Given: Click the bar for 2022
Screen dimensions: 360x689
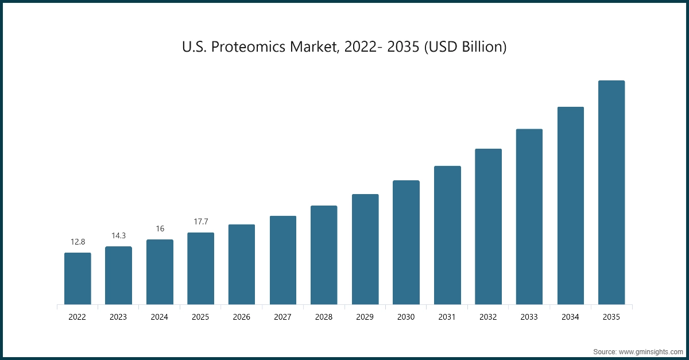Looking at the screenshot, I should point(78,278).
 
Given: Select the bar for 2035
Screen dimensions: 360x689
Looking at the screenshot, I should point(611,192).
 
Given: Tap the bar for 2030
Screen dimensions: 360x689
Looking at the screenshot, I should point(406,242).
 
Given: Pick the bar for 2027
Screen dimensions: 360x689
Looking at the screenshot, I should point(283,260).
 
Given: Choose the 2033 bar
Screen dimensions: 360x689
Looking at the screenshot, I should point(529,216).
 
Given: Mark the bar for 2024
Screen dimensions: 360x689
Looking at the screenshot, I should point(160,272).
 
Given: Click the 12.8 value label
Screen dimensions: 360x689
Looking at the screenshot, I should point(78,242).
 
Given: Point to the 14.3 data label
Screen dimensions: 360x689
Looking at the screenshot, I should point(119,235).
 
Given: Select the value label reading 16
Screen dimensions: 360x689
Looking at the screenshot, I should point(160,229).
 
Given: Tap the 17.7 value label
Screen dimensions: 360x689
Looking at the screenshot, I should point(201,222).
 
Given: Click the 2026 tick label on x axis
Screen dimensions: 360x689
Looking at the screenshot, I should point(242,317).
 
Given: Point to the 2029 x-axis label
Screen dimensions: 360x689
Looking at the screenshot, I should point(365,317).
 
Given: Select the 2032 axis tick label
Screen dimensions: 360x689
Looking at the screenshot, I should point(489,317).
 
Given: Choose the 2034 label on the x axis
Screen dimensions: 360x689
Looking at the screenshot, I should point(571,317).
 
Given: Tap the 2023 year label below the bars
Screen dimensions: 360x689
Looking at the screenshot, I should point(118,317).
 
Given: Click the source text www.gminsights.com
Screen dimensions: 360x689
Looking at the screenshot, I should point(651,351).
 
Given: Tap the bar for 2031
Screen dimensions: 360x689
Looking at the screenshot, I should point(447,235).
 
